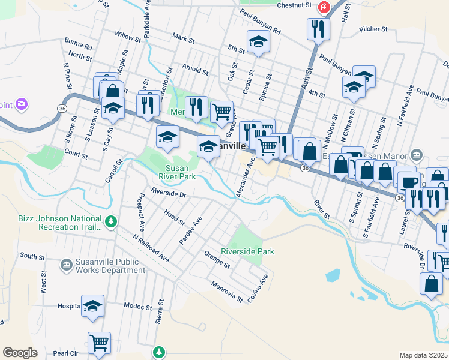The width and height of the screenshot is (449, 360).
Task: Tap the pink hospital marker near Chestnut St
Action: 324,7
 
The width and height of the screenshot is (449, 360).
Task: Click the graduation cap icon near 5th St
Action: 258,41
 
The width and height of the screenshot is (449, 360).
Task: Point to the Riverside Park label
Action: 247,251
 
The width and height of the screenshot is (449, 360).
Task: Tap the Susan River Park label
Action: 177,173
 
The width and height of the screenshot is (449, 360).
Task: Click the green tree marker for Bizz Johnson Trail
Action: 110,222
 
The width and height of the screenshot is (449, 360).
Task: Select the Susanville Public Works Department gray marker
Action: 67,264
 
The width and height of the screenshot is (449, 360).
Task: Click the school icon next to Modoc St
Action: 92,306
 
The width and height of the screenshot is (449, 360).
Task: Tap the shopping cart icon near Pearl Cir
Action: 99,343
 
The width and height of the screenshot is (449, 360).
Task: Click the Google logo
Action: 20,353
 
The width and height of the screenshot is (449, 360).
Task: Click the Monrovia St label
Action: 226,290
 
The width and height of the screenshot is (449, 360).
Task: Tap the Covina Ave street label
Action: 263,288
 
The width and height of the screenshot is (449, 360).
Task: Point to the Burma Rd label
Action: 79,46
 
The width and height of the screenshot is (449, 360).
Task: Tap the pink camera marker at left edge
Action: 22,105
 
